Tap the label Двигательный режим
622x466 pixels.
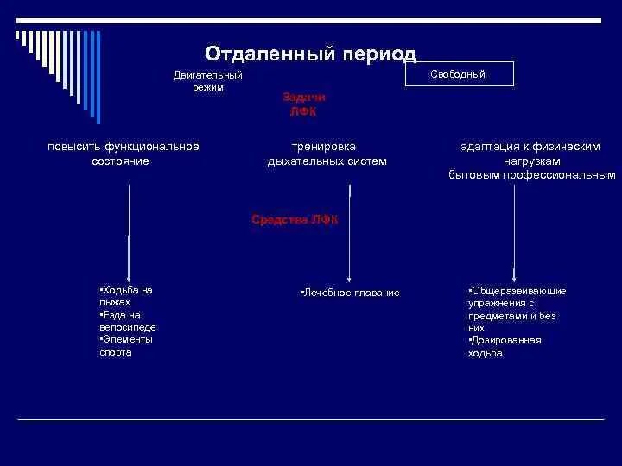pos(208,81)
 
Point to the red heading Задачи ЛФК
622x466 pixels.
pos(303,104)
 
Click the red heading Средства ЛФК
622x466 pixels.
pos(295,219)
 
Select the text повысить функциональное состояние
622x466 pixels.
pos(124,154)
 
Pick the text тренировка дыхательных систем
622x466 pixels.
pos(327,154)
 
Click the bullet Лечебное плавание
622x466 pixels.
pos(350,293)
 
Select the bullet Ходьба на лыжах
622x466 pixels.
pos(125,296)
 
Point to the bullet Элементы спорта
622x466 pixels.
pos(126,345)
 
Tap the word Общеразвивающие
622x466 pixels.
pos(517,291)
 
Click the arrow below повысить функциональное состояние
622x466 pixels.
pos(129,233)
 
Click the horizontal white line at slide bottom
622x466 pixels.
pos(311,419)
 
